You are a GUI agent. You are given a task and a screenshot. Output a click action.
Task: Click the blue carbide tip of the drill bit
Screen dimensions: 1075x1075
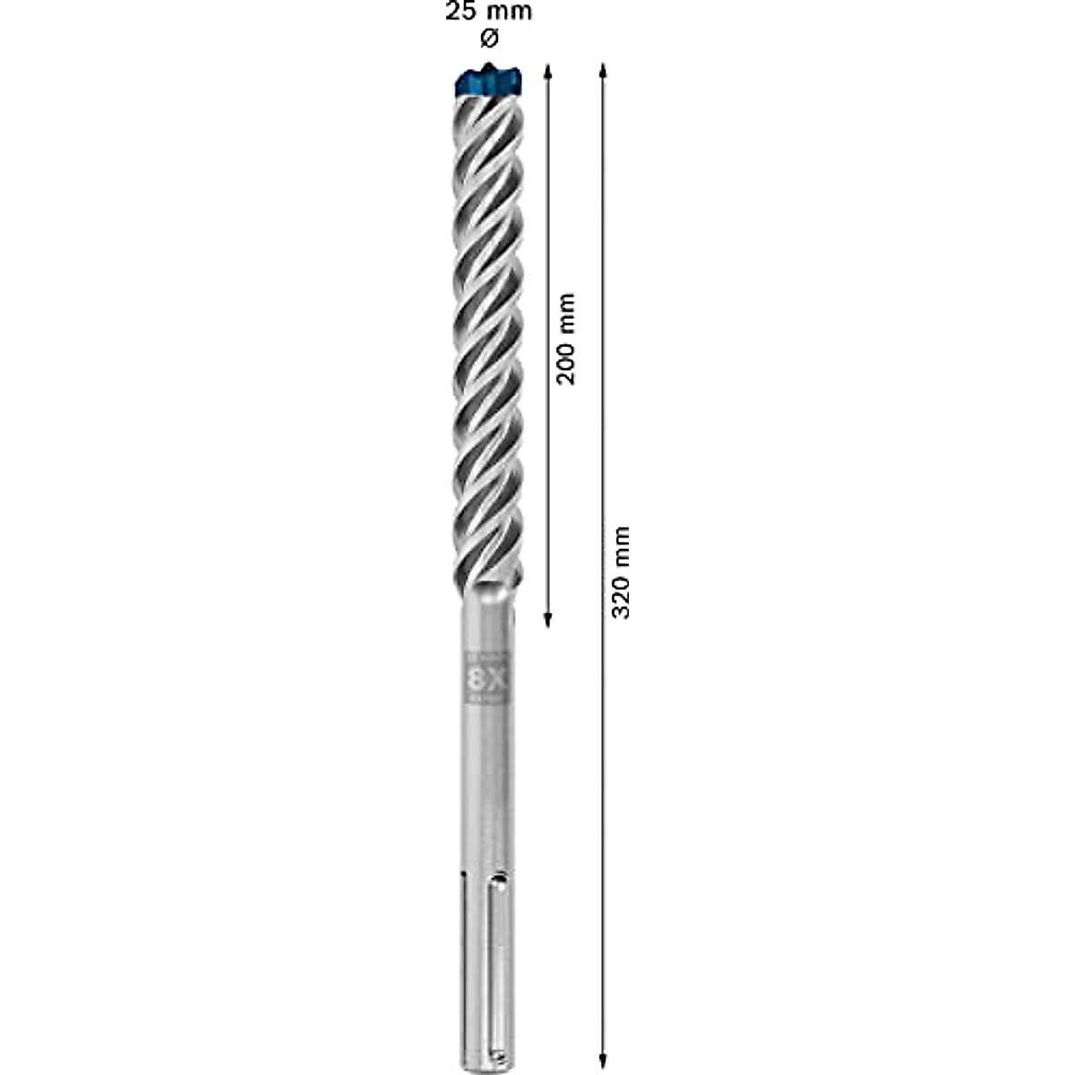[x=488, y=85]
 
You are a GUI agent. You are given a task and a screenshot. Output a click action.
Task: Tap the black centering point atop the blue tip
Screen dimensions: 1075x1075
[x=488, y=68]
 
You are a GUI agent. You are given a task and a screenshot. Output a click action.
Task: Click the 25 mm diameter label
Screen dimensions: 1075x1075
[x=488, y=13]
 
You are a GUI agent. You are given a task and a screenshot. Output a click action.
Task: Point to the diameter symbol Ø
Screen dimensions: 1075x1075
[x=488, y=39]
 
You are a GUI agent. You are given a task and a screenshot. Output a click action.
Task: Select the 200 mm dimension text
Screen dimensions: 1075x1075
[x=566, y=339]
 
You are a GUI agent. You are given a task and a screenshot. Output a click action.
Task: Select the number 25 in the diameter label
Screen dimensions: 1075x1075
[x=460, y=13]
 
